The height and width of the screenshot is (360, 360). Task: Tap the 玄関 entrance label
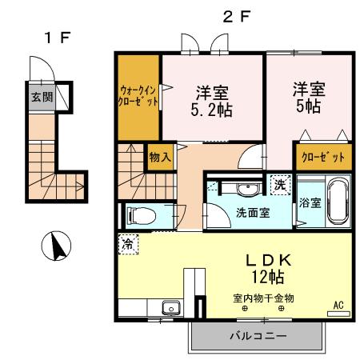[41, 98]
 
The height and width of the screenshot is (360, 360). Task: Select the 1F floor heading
[54, 37]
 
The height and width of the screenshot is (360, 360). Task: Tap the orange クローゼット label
[324, 157]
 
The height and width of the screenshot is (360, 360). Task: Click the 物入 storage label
[159, 157]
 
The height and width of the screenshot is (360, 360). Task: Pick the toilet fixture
[138, 215]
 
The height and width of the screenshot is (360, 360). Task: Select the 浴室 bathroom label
[310, 202]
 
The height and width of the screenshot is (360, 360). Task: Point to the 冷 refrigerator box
[126, 244]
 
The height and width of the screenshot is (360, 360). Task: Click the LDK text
[270, 260]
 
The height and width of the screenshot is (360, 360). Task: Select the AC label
[338, 305]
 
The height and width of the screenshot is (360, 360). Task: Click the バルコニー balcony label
[258, 336]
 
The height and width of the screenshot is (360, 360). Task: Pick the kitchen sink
[170, 308]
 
